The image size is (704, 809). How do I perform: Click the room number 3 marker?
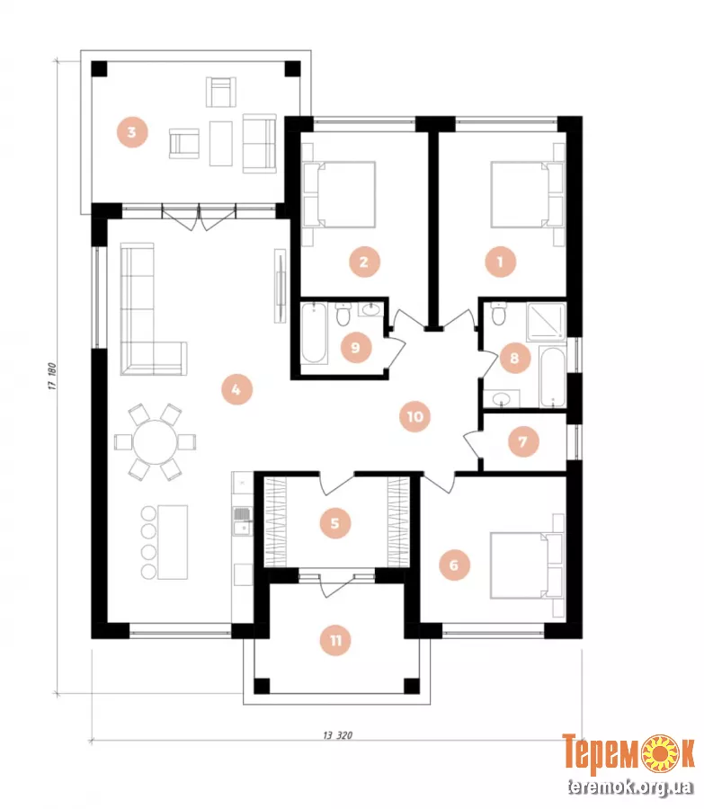tap(132, 132)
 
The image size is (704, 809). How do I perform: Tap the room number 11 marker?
tap(335, 640)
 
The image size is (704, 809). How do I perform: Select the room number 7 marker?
tap(522, 441)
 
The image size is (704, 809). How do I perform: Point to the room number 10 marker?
tap(415, 416)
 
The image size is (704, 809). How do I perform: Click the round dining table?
tap(155, 442)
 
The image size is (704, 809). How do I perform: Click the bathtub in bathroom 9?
tap(314, 333)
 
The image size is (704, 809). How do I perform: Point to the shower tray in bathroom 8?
tap(546, 323)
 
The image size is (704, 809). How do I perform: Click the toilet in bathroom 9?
tap(343, 315)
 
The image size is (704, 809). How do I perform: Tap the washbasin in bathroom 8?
tap(501, 398)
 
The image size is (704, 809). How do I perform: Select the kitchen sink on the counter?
tap(242, 521)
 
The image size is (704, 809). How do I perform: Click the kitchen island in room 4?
tap(173, 542)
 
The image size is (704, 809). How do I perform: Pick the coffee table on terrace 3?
tap(221, 143)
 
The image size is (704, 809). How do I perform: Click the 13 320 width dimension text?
tap(337, 735)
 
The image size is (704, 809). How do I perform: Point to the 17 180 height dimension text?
tap(53, 376)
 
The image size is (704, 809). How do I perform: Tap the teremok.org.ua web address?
tap(629, 787)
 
